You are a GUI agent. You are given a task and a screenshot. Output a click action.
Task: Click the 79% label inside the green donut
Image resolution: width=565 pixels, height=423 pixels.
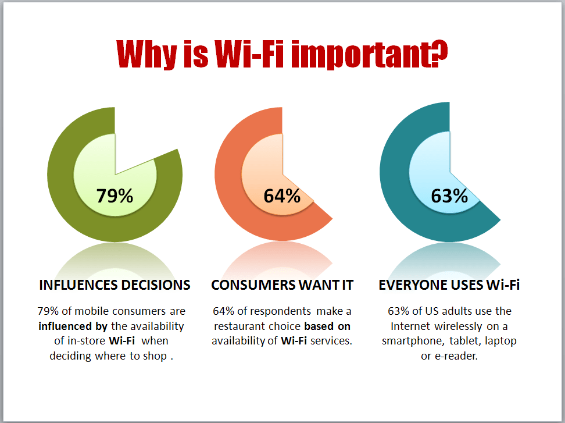point(115,196)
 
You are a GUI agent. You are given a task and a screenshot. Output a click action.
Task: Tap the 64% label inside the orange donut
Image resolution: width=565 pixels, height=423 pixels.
point(282,196)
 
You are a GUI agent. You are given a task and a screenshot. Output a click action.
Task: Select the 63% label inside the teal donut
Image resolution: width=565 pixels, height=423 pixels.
point(449,196)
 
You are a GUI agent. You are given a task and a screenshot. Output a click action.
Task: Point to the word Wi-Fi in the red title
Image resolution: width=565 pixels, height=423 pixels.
point(249,54)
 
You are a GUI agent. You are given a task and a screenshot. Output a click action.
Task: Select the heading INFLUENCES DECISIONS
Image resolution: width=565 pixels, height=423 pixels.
point(115,285)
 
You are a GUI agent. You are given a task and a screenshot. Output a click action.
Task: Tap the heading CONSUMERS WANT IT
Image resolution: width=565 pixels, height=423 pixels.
point(282,285)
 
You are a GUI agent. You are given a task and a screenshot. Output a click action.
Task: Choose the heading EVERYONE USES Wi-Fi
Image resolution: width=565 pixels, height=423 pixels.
point(449,285)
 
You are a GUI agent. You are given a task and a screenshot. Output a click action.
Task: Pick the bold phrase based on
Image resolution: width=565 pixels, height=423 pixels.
point(327,326)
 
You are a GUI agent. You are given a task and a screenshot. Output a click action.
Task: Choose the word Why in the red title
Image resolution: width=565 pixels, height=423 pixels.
point(146,54)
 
